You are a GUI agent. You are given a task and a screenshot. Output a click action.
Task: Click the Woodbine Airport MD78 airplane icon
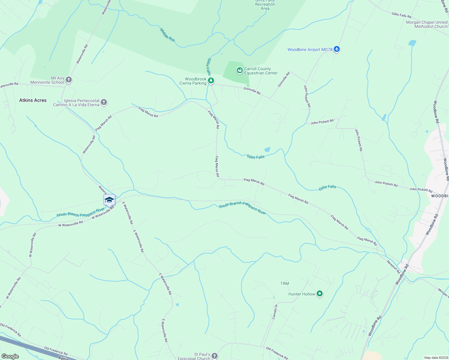[x=336, y=49]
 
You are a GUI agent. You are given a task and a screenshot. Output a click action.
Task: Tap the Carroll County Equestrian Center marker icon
[x=240, y=70]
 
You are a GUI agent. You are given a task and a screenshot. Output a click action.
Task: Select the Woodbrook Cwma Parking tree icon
[x=211, y=80]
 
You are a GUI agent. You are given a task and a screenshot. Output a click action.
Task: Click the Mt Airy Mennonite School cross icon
[x=69, y=80]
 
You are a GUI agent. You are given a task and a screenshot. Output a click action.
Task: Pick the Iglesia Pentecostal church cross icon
[x=104, y=102]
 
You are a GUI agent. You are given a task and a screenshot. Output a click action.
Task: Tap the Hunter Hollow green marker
[x=320, y=294]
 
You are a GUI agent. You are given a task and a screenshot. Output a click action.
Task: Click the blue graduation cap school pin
[x=109, y=200]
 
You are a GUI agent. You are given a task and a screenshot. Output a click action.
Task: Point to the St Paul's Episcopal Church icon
[x=214, y=356]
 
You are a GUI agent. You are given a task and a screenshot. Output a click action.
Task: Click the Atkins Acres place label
[x=33, y=100]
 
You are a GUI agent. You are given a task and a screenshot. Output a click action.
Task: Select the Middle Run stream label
[x=167, y=35]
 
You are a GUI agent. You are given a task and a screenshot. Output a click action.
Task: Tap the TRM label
[x=285, y=283]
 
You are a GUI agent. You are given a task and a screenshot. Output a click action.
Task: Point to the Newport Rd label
[x=393, y=267]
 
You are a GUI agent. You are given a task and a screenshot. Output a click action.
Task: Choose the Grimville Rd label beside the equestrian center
[x=252, y=91]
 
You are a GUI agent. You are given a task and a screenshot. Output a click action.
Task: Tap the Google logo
[x=10, y=356]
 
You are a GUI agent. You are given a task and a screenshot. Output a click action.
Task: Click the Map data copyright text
[x=435, y=358]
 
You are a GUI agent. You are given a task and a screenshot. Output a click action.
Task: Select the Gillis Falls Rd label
[x=401, y=15]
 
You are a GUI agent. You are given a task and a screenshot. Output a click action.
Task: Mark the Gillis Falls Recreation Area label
[x=265, y=5]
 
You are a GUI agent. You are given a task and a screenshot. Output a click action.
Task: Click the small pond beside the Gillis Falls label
[x=267, y=149]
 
